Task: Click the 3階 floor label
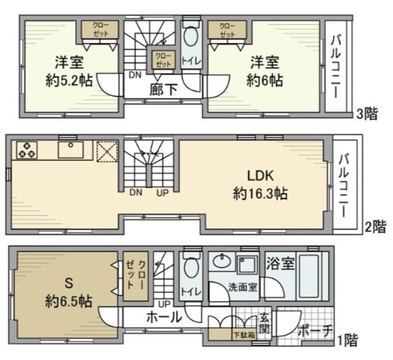(x=369, y=114)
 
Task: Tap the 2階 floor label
(x=376, y=227)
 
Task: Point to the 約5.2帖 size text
(x=69, y=80)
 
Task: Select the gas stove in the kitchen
(x=27, y=149)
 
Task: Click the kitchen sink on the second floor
(x=74, y=149)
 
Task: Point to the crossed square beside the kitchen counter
(x=108, y=150)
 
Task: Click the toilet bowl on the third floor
(x=190, y=38)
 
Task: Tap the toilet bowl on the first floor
(x=190, y=268)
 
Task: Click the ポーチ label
(x=314, y=331)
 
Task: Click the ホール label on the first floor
(x=163, y=318)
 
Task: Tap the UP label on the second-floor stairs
(x=162, y=193)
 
